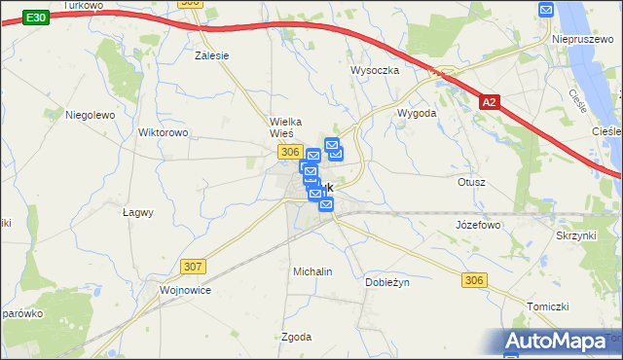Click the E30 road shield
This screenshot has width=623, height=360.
coord(35,18)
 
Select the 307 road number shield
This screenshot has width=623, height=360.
coord(193,266)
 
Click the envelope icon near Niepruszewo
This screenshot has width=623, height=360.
coord(546,10)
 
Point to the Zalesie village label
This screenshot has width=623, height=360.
coord(211,55)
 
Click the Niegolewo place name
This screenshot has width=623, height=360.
coord(91,115)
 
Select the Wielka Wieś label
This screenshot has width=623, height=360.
coord(288,127)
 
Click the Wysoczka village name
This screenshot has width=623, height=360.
coord(375,70)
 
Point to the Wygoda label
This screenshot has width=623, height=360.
coord(417,113)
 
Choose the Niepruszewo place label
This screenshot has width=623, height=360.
coord(582,28)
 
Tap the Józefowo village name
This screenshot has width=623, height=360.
coord(477,225)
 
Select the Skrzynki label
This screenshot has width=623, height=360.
coord(575,236)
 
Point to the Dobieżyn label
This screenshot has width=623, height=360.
coord(388,281)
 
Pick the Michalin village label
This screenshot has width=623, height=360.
coord(312,271)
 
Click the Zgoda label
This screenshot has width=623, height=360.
coord(296,337)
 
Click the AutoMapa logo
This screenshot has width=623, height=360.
coord(560,342)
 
